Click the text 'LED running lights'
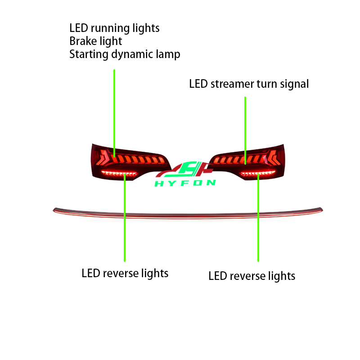(114, 28)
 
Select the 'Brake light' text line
(95, 41)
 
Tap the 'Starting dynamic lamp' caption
(125, 54)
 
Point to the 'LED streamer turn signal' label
(249, 84)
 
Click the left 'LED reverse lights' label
(125, 274)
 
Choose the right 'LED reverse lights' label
(252, 276)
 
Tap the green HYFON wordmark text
(185, 183)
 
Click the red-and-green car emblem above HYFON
(184, 170)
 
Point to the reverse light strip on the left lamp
(119, 173)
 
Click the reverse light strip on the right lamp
(257, 173)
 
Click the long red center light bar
(188, 213)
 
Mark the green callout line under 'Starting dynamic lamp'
(114, 113)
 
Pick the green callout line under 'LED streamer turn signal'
(245, 130)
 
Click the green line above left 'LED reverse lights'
(125, 218)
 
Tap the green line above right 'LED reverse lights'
(258, 218)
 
